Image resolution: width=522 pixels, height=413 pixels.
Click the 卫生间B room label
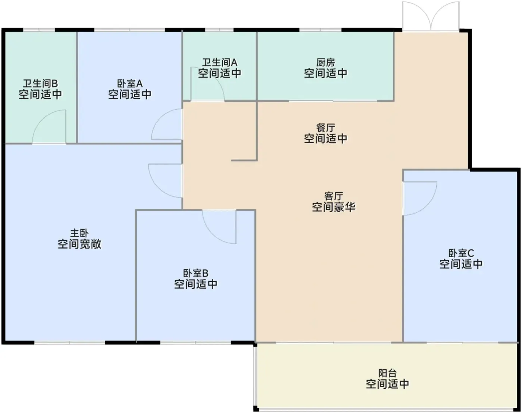(x=40, y=83)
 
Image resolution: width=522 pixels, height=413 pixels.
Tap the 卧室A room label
(x=130, y=83)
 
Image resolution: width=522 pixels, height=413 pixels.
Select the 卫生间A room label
(x=220, y=63)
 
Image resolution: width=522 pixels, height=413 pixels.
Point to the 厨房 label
(x=326, y=63)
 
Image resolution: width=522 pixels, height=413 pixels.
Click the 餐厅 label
(x=326, y=128)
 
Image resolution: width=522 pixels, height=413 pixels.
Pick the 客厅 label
(x=334, y=196)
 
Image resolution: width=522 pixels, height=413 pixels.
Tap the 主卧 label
(x=79, y=233)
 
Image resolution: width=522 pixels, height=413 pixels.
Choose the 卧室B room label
(x=195, y=273)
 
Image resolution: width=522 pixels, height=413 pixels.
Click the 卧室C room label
(x=461, y=253)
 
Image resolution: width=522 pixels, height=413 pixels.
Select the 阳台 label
(x=387, y=373)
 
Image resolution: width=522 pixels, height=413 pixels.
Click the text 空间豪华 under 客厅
(x=334, y=207)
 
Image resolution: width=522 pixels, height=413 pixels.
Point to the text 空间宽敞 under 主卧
(x=79, y=244)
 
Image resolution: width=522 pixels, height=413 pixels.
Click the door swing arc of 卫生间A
(x=217, y=78)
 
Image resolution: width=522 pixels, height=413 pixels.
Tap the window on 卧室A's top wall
(x=129, y=30)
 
